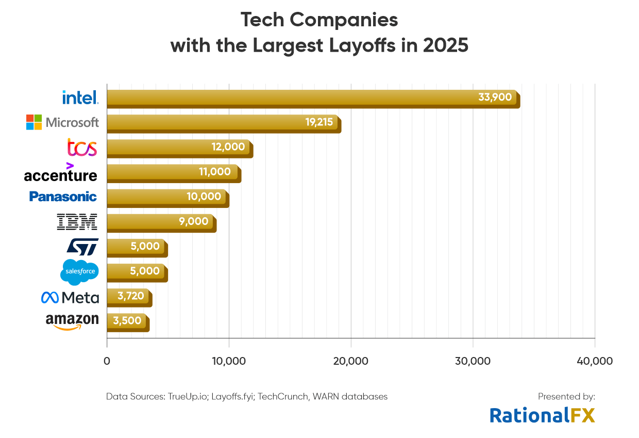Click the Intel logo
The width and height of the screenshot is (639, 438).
80,97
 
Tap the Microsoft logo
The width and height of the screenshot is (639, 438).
62,122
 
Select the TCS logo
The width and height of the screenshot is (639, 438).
82,148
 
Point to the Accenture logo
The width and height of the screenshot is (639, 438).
60,173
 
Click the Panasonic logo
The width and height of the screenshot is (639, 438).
63,197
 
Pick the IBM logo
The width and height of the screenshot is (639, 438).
77,222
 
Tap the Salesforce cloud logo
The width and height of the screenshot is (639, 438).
79,271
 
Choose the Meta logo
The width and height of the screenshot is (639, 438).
70,298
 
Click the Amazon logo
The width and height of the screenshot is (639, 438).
72,321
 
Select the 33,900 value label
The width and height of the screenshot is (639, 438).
495,97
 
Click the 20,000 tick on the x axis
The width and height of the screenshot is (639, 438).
351,361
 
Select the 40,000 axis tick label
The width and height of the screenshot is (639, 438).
595,361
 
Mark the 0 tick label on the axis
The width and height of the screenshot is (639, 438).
107,361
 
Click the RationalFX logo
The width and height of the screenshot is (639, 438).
542,415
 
